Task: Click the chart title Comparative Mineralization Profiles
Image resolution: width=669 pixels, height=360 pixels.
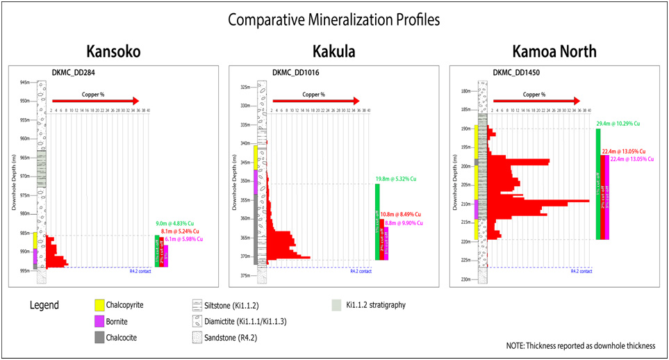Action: [x=334, y=19]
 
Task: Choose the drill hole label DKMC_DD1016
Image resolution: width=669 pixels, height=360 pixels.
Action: [x=296, y=72]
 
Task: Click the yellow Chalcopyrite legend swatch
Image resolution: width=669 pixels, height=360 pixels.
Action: [x=99, y=304]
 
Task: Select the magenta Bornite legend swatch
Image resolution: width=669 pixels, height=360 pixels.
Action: [x=99, y=320]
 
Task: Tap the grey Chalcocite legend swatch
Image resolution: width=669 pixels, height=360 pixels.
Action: [x=99, y=337]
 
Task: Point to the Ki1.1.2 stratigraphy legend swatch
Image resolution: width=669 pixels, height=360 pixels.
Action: [x=337, y=304]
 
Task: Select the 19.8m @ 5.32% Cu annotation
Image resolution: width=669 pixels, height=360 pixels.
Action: [x=397, y=178]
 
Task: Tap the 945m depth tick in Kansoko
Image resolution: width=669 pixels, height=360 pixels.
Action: [x=25, y=82]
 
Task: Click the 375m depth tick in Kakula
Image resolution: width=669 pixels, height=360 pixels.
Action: [x=245, y=275]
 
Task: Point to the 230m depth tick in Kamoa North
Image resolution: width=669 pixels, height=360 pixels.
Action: [x=467, y=279]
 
